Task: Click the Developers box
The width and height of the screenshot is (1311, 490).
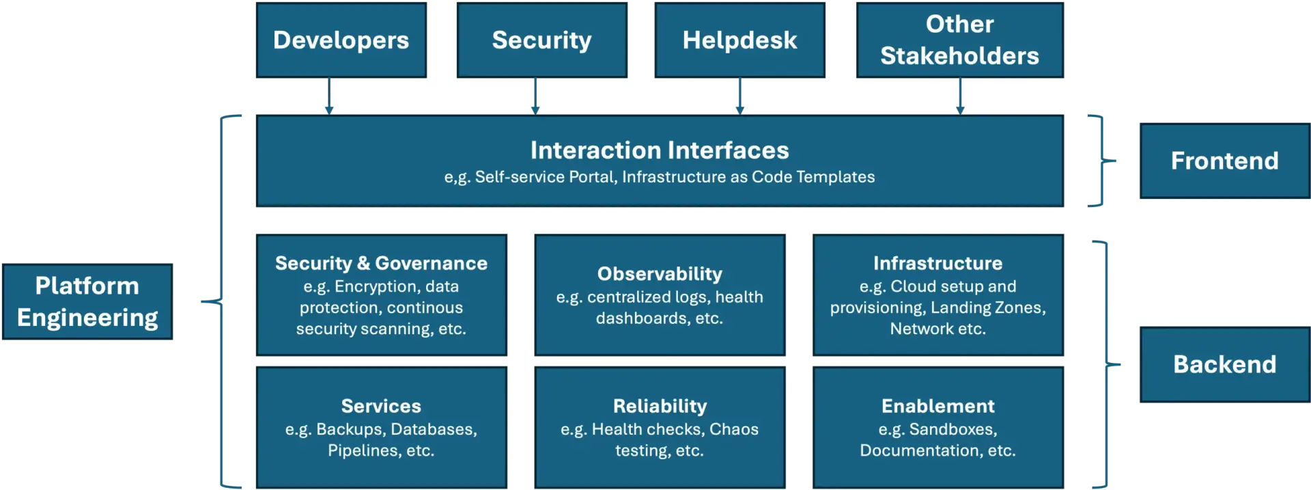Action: [341, 40]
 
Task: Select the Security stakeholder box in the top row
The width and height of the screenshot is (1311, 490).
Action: [541, 40]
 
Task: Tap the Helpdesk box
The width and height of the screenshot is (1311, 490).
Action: [739, 40]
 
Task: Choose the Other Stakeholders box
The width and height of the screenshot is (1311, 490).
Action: [959, 40]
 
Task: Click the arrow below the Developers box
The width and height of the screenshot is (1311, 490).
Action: [329, 96]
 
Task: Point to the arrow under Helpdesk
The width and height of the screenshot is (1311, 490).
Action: [739, 96]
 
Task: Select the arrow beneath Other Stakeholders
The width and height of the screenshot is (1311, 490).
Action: [960, 96]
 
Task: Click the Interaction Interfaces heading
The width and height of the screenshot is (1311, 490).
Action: [660, 150]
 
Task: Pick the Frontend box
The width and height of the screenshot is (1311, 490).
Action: [1224, 161]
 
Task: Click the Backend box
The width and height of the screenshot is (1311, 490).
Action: [1224, 364]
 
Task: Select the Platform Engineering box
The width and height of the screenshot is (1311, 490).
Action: [87, 301]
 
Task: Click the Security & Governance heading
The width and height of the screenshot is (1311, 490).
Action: [381, 263]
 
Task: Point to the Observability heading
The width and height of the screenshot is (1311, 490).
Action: [660, 273]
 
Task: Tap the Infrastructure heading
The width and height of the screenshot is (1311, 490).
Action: [938, 263]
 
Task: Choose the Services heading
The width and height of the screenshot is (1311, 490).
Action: [381, 406]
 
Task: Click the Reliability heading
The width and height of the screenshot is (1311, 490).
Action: [660, 406]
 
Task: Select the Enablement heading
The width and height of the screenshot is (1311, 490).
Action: [938, 406]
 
